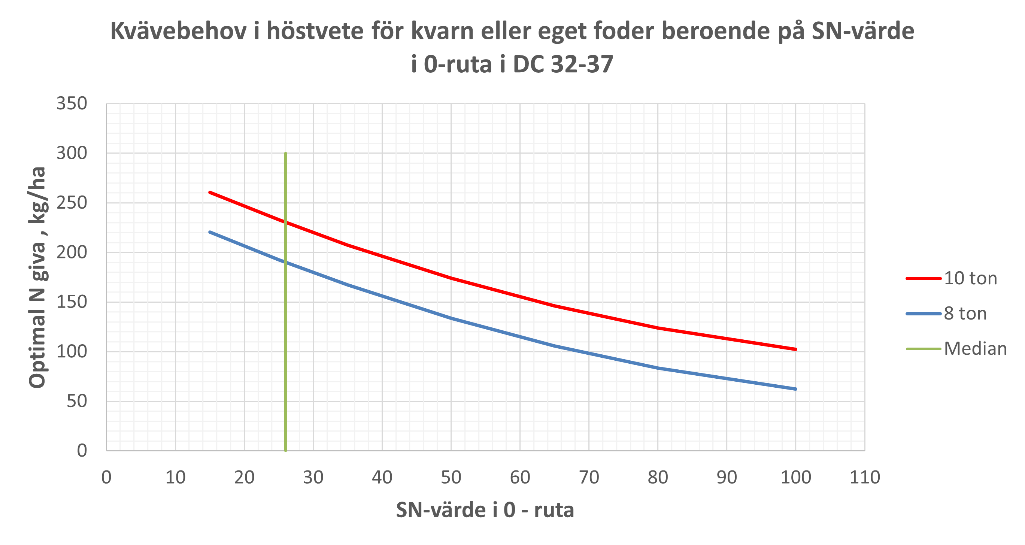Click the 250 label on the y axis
pos(72,203)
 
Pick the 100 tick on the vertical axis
pos(72,351)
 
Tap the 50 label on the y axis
pos(76,401)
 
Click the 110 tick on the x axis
pos(865,477)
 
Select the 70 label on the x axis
pos(589,477)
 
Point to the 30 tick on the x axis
pos(313,477)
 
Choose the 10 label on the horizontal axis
pos(175,477)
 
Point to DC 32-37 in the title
pos(562,64)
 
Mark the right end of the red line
pos(796,349)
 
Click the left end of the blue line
pos(210,232)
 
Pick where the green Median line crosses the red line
pos(286,222)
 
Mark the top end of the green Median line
pos(286,153)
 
